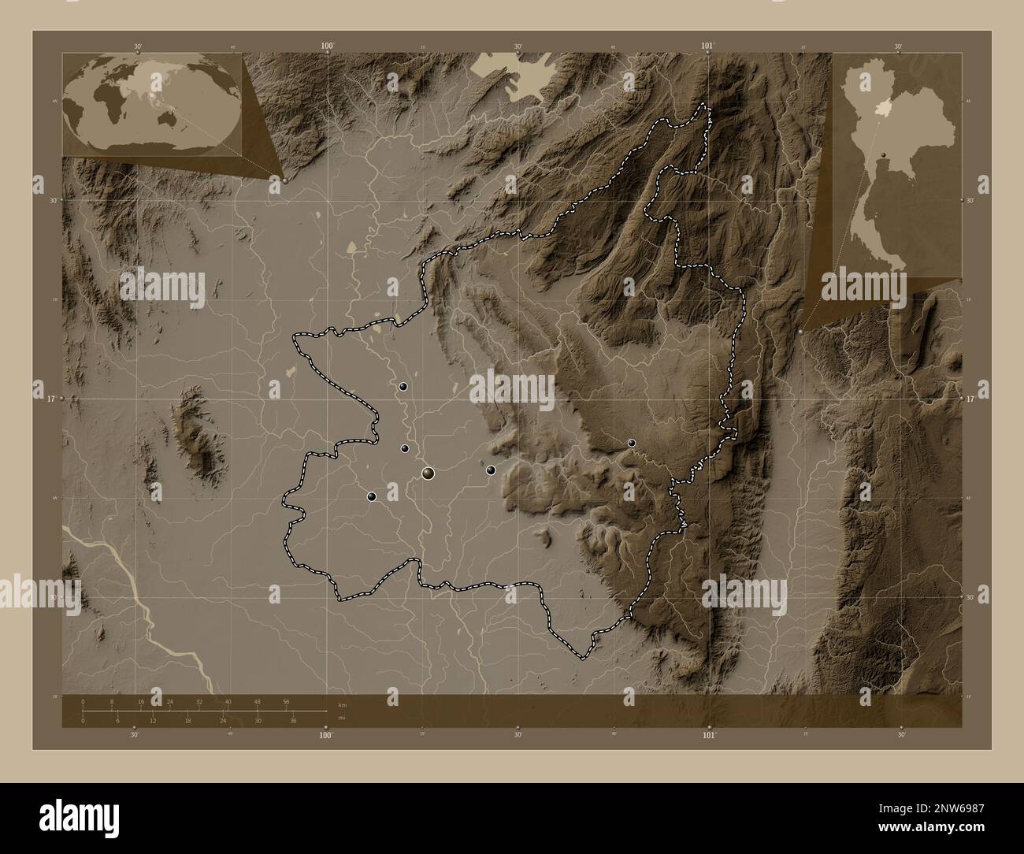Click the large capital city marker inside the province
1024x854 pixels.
429,473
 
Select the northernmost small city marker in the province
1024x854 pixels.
403,387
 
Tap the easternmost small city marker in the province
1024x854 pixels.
632,444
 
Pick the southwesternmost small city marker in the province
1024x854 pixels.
371,496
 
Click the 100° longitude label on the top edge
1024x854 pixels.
328,46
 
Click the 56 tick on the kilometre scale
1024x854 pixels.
287,701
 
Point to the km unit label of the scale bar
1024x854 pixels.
342,705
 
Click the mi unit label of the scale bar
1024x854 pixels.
341,718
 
